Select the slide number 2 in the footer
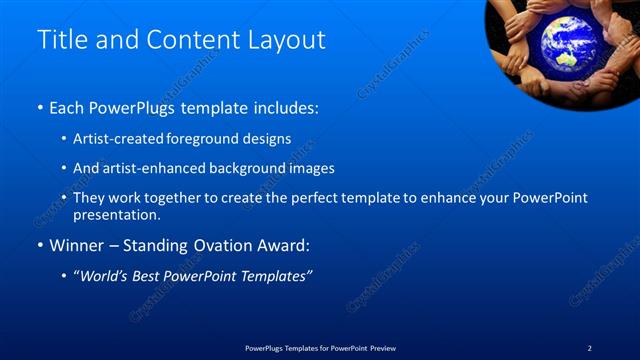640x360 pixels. tap(590, 347)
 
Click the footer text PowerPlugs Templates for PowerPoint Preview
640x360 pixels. tap(320, 347)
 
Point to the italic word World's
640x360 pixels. tap(104, 275)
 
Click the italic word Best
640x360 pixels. tap(148, 275)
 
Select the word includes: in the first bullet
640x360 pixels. tap(289, 107)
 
